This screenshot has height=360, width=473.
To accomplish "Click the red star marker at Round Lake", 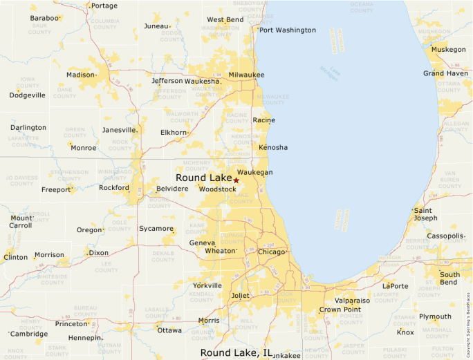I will [236, 180].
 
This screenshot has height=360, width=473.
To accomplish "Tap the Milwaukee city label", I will [246, 75].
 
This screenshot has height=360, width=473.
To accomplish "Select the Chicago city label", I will [271, 252].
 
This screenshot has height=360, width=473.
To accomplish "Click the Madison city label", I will [80, 75].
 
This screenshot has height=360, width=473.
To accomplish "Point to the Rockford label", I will [114, 188].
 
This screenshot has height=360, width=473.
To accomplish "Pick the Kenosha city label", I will [272, 148].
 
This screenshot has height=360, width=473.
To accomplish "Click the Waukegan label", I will [254, 172].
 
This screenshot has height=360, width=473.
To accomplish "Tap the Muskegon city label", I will [449, 50].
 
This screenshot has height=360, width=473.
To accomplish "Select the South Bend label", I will [449, 278].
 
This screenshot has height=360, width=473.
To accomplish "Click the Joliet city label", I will [240, 296].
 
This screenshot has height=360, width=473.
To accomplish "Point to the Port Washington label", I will [288, 30].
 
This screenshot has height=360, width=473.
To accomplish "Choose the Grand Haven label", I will [446, 73].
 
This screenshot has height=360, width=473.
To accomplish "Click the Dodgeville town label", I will [27, 95].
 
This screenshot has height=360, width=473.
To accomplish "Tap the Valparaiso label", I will [352, 301].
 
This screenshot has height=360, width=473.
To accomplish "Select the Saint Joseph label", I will [425, 214].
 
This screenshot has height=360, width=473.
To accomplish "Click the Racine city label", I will [263, 120].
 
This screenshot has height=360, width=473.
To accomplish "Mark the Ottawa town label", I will [169, 330].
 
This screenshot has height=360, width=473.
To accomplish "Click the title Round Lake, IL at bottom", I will [236, 353].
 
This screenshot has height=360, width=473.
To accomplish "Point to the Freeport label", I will [56, 189].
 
